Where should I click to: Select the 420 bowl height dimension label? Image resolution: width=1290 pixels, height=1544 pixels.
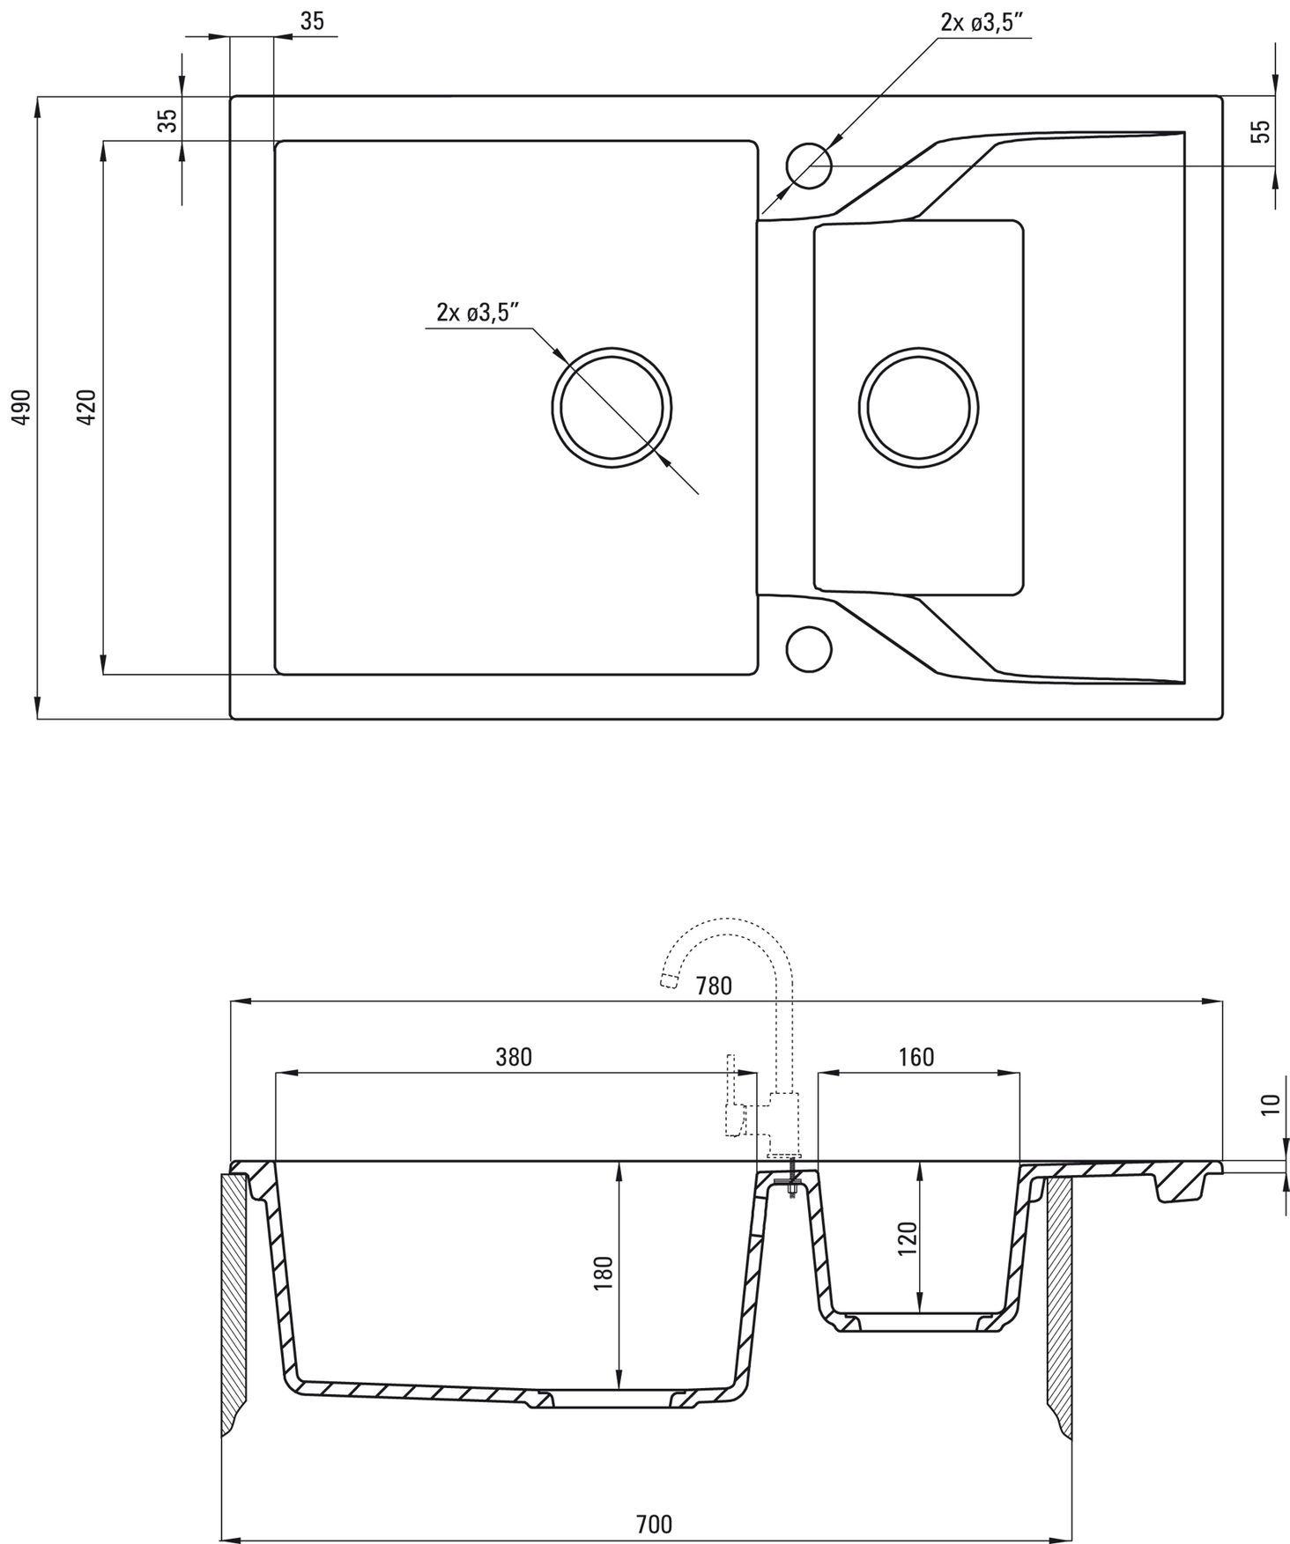tap(86, 406)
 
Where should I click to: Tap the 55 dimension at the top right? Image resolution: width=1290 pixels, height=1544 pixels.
tap(1262, 131)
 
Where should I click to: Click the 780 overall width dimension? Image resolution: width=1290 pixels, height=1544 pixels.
tap(714, 986)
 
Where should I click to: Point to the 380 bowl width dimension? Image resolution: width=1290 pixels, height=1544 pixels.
tap(514, 1056)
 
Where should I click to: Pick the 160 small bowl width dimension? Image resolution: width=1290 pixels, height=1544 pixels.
tap(916, 1056)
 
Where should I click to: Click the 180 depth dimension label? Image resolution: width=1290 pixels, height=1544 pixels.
tap(603, 1274)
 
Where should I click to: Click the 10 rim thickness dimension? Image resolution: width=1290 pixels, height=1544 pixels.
tap(1270, 1104)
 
